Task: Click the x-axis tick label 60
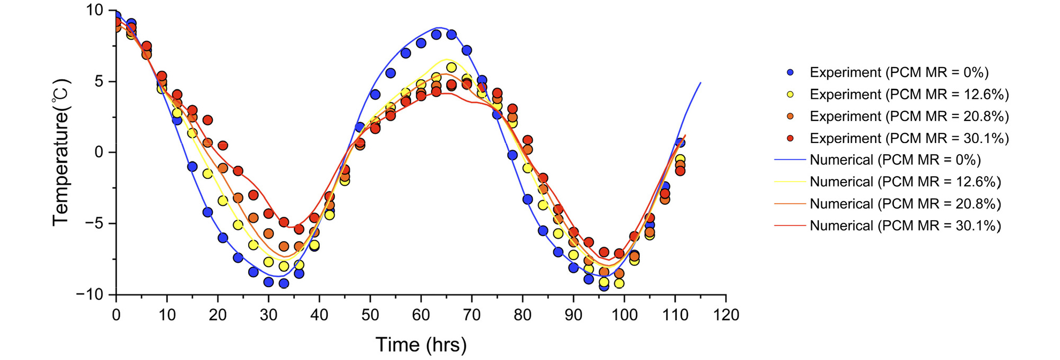pos(421,315)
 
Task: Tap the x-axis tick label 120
pos(726,315)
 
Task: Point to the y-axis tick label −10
pos(91,295)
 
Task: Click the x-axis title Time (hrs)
pos(421,345)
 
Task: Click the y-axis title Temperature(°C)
pos(61,152)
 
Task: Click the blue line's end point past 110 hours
pos(701,82)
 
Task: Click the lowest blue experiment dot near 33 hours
pos(284,283)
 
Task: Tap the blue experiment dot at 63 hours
pos(436,35)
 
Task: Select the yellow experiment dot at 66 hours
pos(451,68)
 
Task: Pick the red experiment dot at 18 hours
pos(207,120)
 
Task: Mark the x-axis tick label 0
pos(116,315)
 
